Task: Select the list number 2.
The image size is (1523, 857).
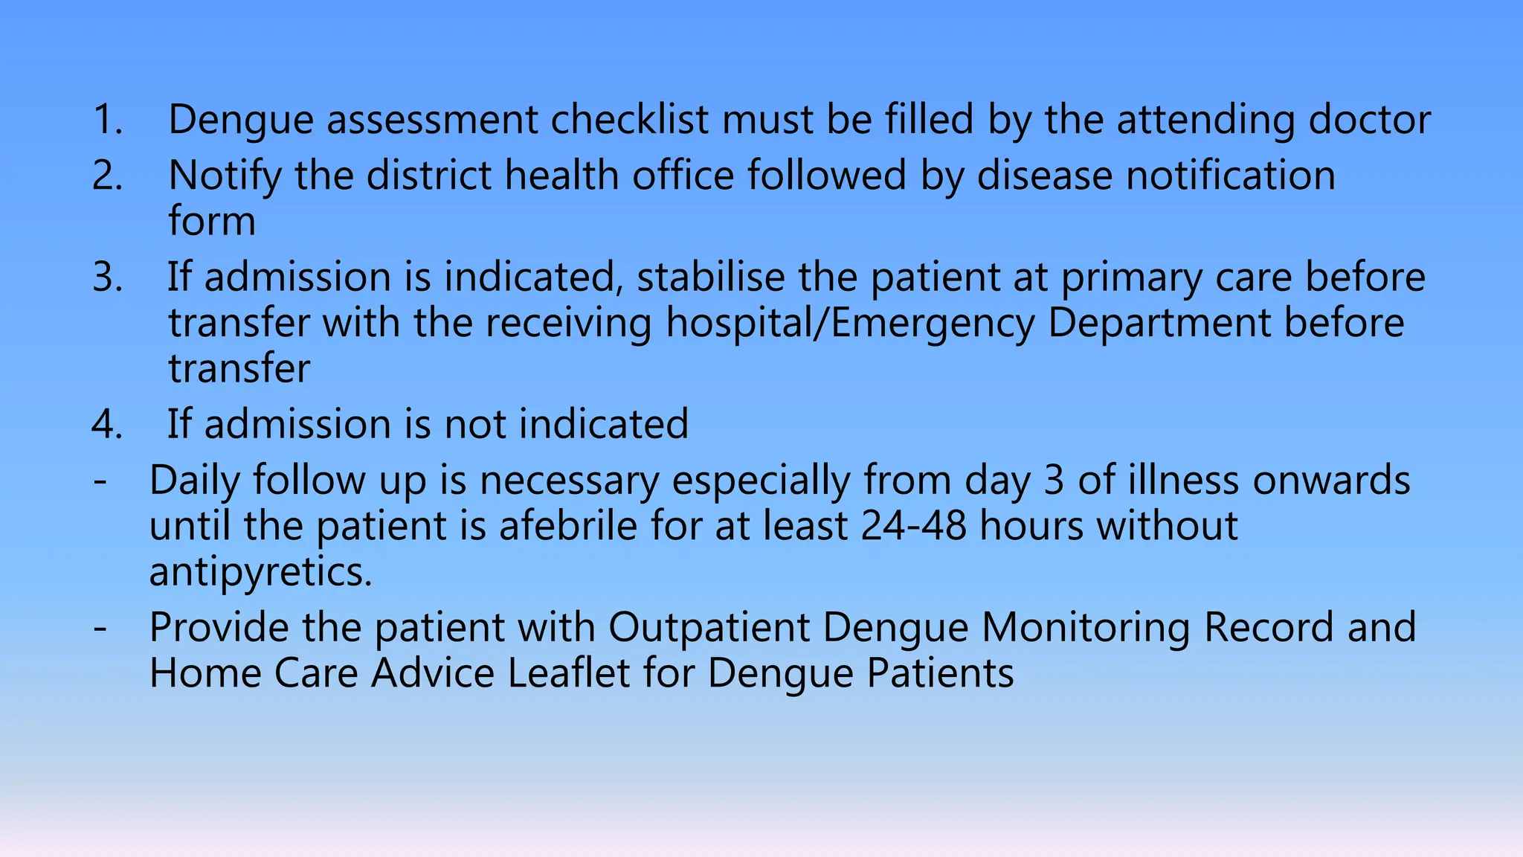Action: (x=107, y=176)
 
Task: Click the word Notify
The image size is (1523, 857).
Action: (x=225, y=177)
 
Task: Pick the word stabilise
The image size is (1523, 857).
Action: (x=710, y=277)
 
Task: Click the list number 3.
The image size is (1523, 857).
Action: (x=107, y=277)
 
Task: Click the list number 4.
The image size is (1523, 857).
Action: (x=107, y=424)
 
